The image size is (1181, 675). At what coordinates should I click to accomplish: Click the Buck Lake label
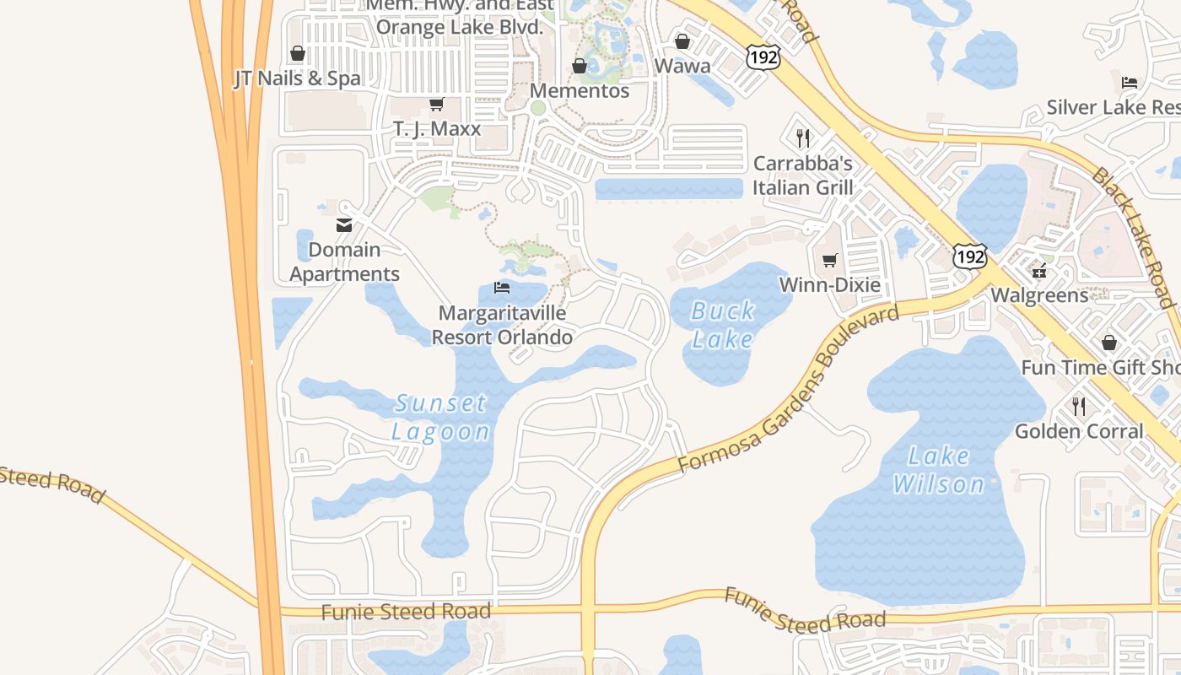[722, 325]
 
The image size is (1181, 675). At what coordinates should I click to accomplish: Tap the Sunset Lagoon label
[441, 417]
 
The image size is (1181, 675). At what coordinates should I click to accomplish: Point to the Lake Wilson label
[939, 470]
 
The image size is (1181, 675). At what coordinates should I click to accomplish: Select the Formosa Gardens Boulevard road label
[789, 389]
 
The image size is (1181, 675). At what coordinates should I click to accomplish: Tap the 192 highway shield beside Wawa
[763, 57]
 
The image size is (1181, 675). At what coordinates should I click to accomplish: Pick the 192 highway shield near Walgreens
[970, 256]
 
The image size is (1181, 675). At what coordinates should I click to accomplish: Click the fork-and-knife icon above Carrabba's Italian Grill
[803, 138]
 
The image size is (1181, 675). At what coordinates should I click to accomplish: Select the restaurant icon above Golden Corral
[1079, 406]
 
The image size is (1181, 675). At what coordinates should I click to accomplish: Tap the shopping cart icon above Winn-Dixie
[830, 260]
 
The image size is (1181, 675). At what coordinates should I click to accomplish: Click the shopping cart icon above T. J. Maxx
[436, 104]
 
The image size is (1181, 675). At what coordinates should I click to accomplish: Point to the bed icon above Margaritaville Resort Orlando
[502, 288]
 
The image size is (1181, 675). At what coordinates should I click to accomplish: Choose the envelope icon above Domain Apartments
[344, 225]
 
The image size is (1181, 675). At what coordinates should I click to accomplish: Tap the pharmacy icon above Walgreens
[1039, 270]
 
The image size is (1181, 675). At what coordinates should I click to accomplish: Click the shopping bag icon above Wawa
[682, 40]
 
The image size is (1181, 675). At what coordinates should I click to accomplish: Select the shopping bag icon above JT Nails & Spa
[297, 53]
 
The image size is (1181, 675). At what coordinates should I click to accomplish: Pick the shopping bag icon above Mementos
[580, 66]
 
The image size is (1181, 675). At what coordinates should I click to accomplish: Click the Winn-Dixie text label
[829, 284]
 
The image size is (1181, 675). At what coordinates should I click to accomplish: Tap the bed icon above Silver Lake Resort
[1130, 82]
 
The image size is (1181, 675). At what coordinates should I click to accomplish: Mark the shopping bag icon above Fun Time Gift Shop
[1108, 343]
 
